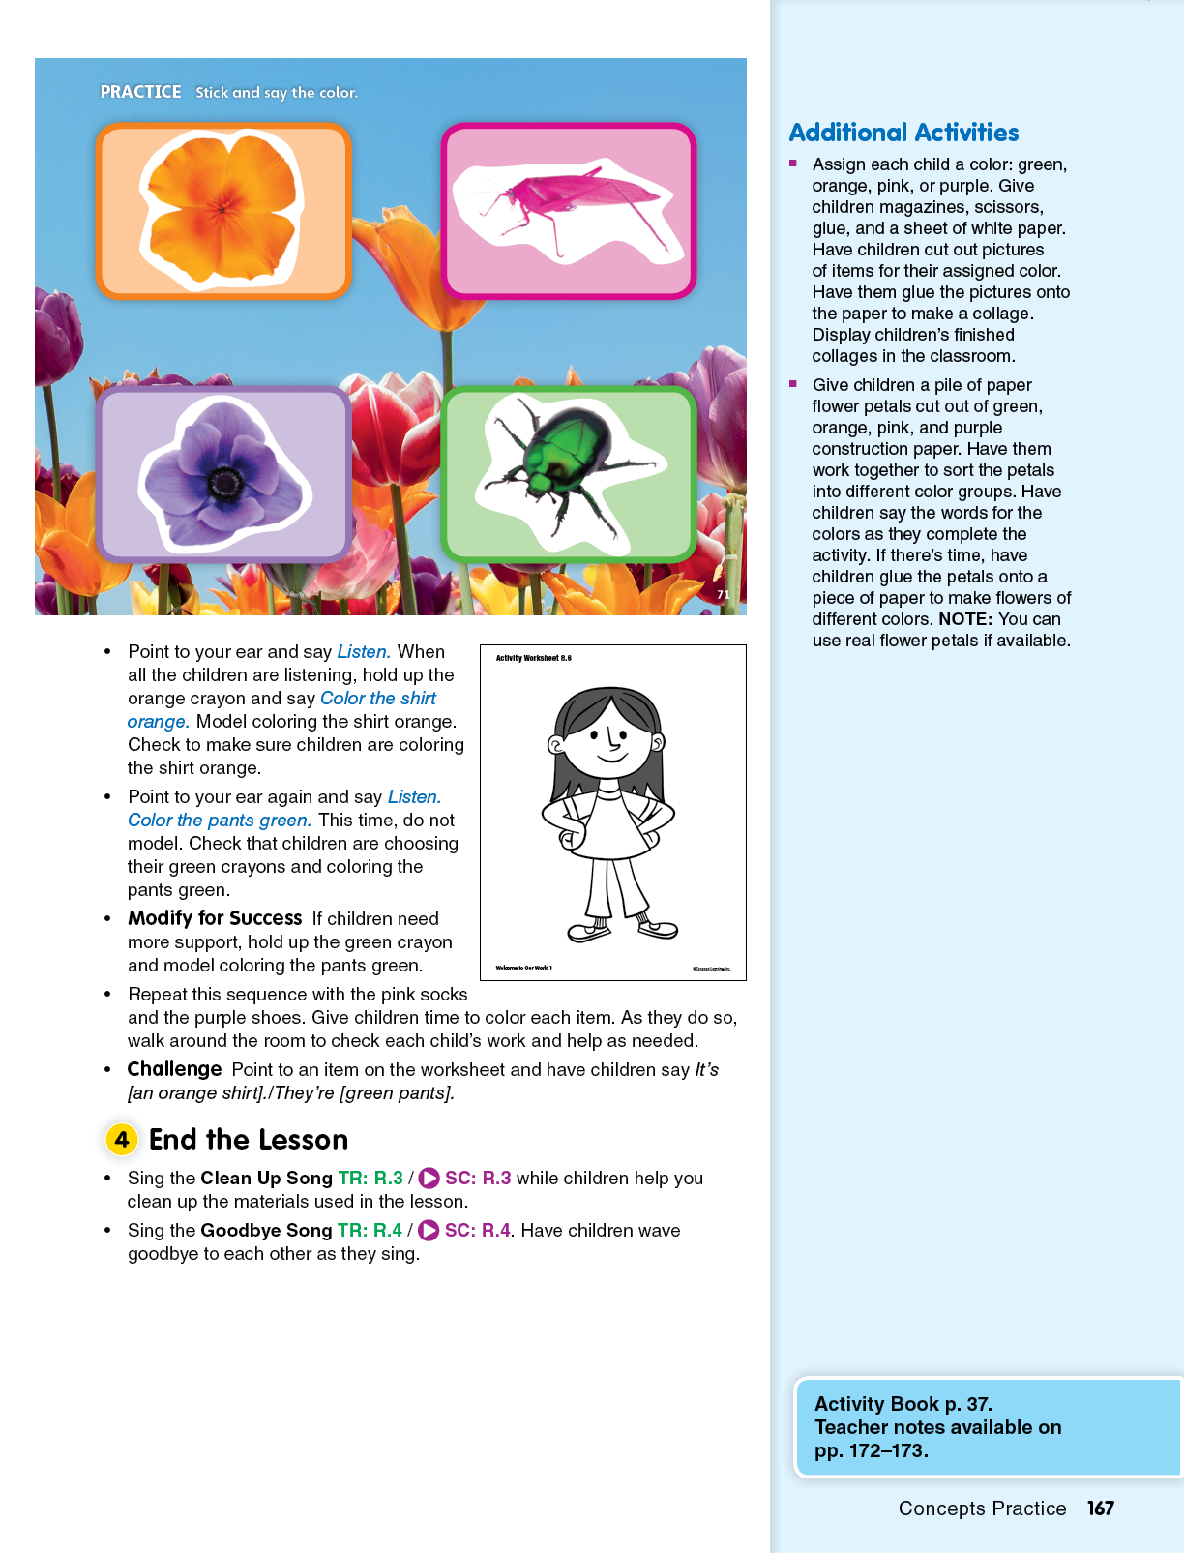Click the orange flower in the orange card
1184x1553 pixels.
click(222, 209)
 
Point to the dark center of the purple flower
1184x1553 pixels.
click(225, 481)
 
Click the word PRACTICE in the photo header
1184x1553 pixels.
click(140, 92)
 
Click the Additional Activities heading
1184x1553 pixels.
click(903, 133)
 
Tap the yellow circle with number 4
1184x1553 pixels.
click(122, 1139)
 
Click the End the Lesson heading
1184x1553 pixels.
click(249, 1140)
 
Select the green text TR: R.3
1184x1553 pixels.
click(370, 1178)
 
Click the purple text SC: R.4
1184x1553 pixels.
click(477, 1230)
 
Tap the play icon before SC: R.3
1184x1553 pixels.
click(429, 1178)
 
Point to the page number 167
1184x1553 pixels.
click(1100, 1508)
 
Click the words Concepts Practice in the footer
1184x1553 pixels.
click(982, 1508)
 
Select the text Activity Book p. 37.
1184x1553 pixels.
click(903, 1403)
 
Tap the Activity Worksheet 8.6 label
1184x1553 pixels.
click(533, 658)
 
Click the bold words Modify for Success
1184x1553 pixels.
click(215, 918)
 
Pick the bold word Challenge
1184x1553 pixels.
click(174, 1069)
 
